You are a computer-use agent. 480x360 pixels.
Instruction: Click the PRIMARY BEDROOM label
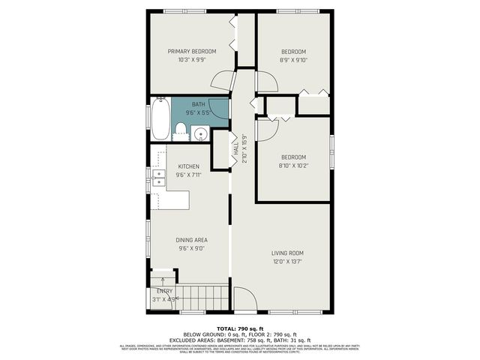click(192, 51)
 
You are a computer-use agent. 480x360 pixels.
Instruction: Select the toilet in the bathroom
click(180, 133)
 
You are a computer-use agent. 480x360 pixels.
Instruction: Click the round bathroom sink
click(200, 134)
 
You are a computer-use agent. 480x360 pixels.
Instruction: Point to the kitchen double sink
click(159, 178)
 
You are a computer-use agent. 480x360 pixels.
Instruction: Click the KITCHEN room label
click(188, 166)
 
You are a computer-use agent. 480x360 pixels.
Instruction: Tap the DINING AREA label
click(191, 240)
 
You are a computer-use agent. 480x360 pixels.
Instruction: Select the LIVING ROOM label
click(287, 253)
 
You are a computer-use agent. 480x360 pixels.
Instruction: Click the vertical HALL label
click(235, 153)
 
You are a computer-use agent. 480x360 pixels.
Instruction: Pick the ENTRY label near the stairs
click(164, 291)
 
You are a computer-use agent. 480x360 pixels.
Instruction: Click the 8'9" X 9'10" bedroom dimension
click(293, 61)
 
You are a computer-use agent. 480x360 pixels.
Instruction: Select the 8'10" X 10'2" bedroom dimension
click(293, 166)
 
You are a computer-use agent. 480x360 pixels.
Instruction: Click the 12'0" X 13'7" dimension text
click(287, 262)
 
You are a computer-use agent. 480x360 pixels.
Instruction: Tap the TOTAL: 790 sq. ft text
click(239, 328)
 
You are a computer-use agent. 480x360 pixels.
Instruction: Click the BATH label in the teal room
click(198, 104)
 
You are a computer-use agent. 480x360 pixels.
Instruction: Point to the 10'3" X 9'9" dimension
click(192, 61)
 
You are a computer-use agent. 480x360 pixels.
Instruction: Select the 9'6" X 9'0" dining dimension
click(191, 249)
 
